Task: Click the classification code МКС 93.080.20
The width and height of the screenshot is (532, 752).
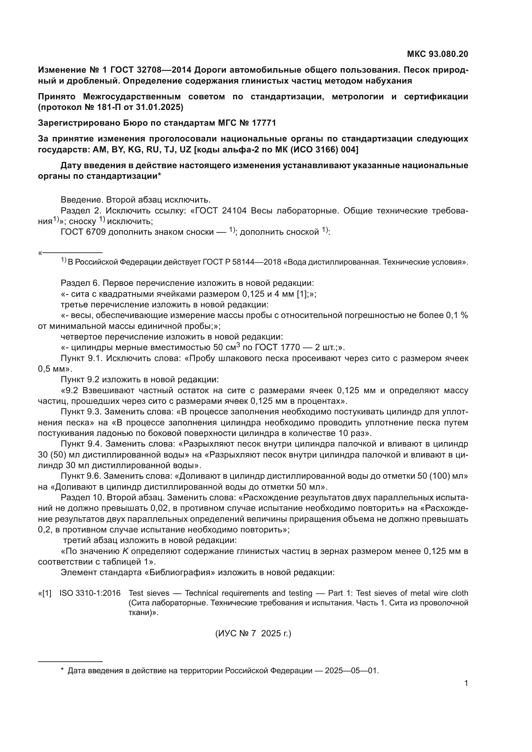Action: coord(437,54)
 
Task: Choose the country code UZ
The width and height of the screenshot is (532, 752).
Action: coord(185,150)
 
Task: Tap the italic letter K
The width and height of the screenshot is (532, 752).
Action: coord(126,551)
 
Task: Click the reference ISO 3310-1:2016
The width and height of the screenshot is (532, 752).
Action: coord(90,593)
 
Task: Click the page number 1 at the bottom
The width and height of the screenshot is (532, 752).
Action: coord(466,683)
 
